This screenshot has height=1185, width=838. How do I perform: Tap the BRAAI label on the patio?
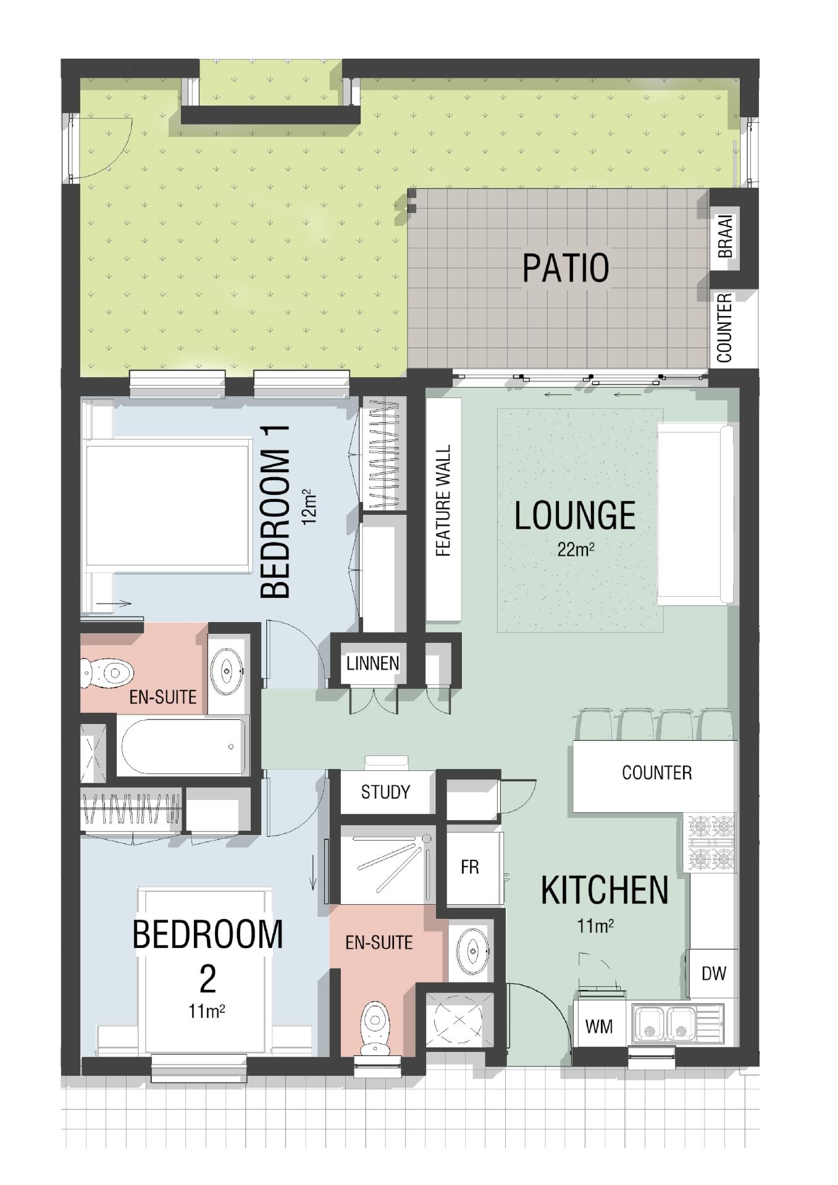click(x=726, y=236)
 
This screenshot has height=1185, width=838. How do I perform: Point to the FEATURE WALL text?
click(x=443, y=501)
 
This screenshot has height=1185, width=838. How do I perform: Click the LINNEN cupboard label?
click(x=372, y=663)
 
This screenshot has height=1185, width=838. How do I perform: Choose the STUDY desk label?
click(x=385, y=792)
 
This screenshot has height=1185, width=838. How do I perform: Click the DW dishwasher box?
click(x=713, y=973)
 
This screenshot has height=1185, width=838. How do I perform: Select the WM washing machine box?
click(x=599, y=1026)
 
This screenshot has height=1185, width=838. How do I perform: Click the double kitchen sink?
click(x=677, y=1024)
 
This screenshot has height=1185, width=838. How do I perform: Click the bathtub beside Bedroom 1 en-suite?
click(x=183, y=746)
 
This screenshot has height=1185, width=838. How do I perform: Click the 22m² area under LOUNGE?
click(x=576, y=549)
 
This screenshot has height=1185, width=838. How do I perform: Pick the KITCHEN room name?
click(x=604, y=889)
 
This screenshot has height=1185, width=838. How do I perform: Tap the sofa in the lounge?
click(x=695, y=514)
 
